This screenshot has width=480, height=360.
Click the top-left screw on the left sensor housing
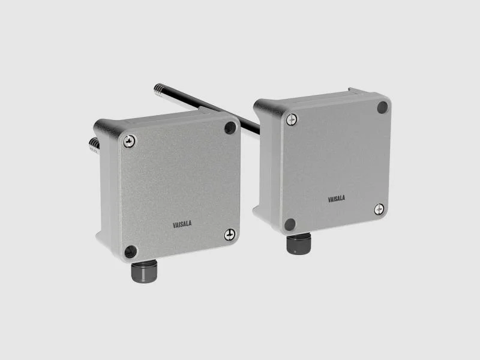[x=129, y=141]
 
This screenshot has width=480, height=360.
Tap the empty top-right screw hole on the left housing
[x=230, y=128]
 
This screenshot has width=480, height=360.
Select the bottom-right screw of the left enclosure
[x=230, y=235]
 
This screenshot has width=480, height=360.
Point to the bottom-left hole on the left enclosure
[x=131, y=251]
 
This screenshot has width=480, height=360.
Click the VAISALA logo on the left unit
[x=182, y=224]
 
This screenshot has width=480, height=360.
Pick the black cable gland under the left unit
[x=144, y=271]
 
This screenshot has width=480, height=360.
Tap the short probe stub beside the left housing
[x=94, y=145]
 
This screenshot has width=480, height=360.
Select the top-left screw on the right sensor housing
[x=292, y=119]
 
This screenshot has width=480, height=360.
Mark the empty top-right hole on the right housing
[x=382, y=107]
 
